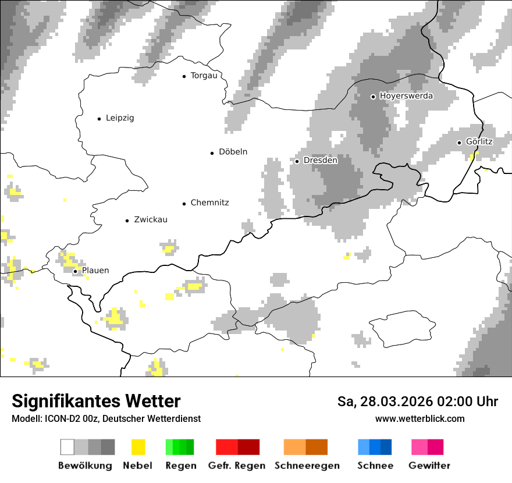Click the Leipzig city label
(x=120, y=118)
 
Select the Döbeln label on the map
(x=233, y=152)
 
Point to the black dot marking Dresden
(x=297, y=161)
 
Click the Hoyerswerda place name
(x=406, y=96)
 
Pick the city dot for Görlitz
(x=459, y=143)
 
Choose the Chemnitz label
(x=209, y=203)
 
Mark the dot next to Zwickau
(x=127, y=221)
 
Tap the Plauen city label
(x=95, y=271)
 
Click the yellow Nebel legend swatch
(x=138, y=447)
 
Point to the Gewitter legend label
(x=429, y=466)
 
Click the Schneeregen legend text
(x=307, y=466)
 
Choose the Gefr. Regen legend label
(x=237, y=466)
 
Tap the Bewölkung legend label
(x=85, y=466)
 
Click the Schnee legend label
(x=375, y=466)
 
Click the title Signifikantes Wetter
(x=96, y=402)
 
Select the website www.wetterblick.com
(x=420, y=419)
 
